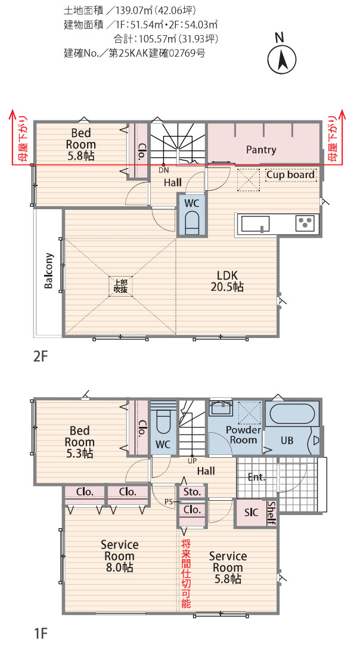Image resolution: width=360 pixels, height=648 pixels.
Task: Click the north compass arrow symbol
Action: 283,60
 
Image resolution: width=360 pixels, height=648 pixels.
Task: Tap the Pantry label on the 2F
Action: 261,150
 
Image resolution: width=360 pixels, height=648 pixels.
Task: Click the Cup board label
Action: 290,175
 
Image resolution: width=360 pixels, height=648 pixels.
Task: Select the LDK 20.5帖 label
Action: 227,281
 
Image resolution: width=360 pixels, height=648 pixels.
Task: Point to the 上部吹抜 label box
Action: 120,286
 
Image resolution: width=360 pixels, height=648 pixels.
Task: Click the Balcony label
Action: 49,270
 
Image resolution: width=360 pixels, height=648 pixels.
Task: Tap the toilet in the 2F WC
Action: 192,222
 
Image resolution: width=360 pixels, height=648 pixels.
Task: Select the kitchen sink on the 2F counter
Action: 256,224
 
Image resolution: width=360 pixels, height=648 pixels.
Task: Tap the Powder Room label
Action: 243,435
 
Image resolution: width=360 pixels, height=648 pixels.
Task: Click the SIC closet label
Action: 252,513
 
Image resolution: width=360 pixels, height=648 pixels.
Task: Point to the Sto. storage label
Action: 192,492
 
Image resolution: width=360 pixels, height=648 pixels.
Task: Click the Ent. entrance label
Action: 256,477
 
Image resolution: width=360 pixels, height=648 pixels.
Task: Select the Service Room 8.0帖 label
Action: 119,556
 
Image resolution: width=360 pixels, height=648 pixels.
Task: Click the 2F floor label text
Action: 41,356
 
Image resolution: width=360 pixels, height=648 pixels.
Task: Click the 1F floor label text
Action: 41,633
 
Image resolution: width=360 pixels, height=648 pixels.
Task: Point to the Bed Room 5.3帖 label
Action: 80,442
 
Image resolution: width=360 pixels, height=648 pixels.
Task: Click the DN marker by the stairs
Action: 164,170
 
